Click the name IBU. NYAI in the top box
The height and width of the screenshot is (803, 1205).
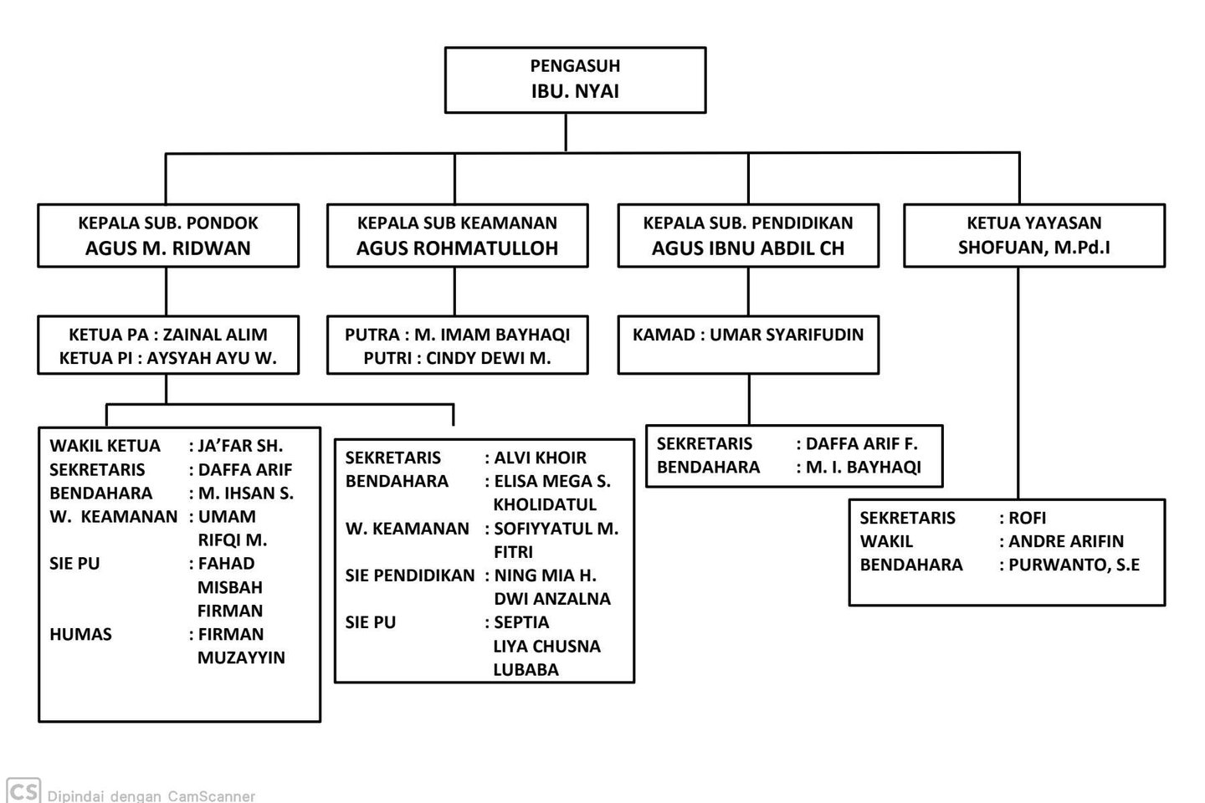(575, 91)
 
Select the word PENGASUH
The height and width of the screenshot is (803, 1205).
(575, 65)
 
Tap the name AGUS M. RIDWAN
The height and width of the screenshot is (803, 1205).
(168, 248)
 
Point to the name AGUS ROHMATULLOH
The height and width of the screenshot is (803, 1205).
(457, 248)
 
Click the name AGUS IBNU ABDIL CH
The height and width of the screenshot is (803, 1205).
(748, 248)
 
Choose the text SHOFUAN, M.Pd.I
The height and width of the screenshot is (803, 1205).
(1034, 248)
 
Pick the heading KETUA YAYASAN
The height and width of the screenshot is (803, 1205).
(1034, 222)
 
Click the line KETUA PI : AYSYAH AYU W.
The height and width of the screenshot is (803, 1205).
(168, 358)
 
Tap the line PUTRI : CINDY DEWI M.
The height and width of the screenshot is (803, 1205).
(457, 358)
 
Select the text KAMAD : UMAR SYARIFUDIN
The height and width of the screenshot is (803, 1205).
(748, 335)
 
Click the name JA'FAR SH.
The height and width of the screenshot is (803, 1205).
(240, 446)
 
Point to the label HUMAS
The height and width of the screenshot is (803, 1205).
(80, 634)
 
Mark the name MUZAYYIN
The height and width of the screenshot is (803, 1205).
(241, 657)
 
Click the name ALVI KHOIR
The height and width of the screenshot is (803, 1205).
(540, 458)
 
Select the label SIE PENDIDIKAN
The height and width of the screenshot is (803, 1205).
(410, 575)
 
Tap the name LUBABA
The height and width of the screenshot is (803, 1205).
(526, 670)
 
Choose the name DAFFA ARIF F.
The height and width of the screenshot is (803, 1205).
(862, 443)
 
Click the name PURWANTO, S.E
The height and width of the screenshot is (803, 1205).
(1074, 565)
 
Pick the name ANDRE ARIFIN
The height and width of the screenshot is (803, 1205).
(1066, 541)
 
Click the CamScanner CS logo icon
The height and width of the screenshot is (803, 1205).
(23, 790)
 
